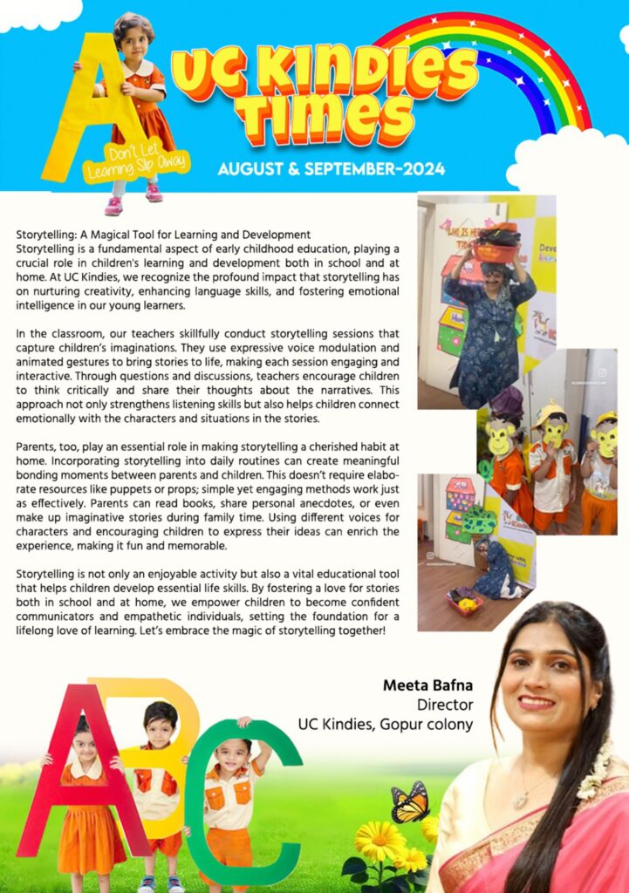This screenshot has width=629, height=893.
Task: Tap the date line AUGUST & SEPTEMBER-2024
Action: click(x=331, y=167)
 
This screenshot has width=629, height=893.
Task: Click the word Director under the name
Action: click(x=445, y=704)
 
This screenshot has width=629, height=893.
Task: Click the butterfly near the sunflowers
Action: click(x=409, y=802)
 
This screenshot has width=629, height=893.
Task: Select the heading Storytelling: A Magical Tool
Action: click(x=163, y=235)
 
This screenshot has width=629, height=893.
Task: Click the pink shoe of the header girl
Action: click(x=114, y=206)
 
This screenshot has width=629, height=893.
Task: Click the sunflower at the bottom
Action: click(x=380, y=841)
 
